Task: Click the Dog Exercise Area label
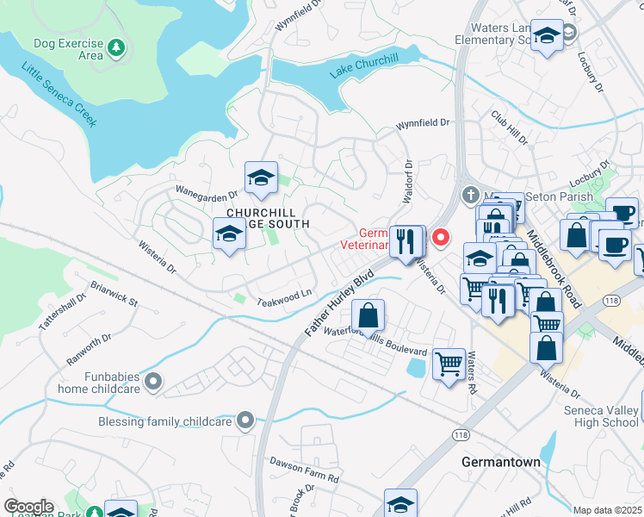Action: click(x=68, y=49)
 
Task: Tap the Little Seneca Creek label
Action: click(x=59, y=95)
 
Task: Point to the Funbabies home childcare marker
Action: click(x=153, y=381)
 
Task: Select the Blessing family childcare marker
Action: click(x=246, y=421)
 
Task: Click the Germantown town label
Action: click(x=500, y=462)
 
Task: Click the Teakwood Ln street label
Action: click(x=284, y=297)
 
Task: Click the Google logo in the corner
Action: click(x=28, y=507)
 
